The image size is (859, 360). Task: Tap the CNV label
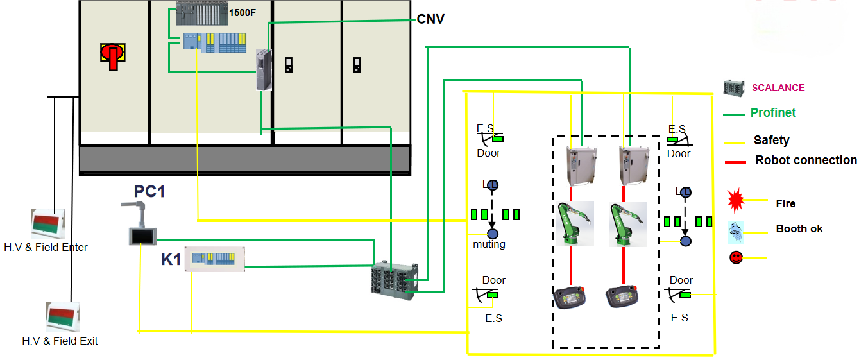click(430, 19)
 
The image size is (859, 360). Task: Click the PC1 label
click(149, 191)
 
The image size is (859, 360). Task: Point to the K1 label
click(171, 260)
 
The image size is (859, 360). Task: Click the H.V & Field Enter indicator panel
click(48, 223)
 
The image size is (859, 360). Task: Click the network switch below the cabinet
click(395, 278)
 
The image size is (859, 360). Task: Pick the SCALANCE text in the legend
click(778, 88)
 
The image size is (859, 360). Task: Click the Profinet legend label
click(773, 113)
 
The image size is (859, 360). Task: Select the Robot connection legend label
click(806, 160)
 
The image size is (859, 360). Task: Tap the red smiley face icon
click(736, 257)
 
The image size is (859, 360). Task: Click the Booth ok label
click(799, 228)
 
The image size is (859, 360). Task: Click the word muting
click(489, 244)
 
